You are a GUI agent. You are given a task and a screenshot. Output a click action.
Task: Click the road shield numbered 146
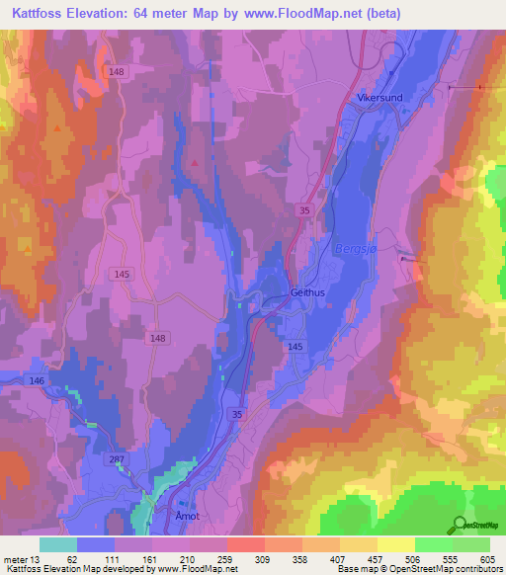[38, 379]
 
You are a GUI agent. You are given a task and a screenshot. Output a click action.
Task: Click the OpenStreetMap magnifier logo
[460, 525]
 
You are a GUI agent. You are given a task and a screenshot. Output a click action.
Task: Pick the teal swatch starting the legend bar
[57, 544]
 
